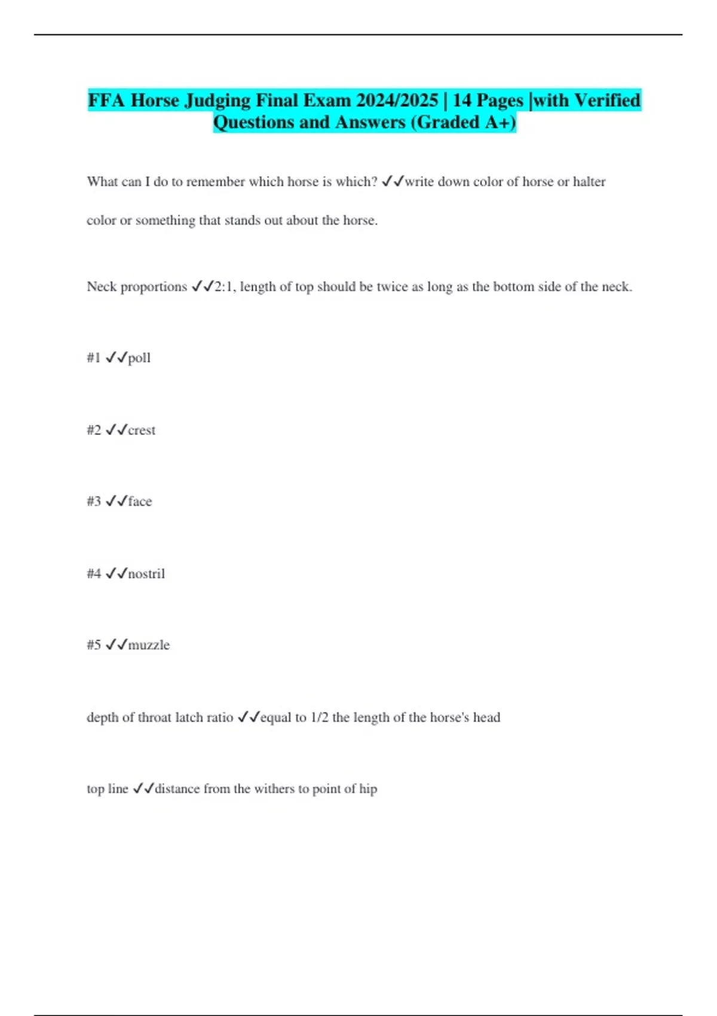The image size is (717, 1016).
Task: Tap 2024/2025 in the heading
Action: tap(397, 100)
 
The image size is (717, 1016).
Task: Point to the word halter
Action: tap(589, 182)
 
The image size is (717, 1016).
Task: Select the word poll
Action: tap(139, 358)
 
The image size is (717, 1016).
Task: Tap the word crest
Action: tap(142, 430)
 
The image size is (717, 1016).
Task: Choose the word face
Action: tap(140, 501)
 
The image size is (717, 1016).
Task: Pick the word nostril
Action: tap(146, 574)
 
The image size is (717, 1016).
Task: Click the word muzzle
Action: tap(149, 645)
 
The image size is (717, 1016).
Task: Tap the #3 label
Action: tap(94, 501)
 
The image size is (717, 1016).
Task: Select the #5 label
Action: tap(94, 645)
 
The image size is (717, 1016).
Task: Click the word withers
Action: tap(274, 789)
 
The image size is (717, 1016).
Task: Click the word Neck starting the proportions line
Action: tap(102, 287)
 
